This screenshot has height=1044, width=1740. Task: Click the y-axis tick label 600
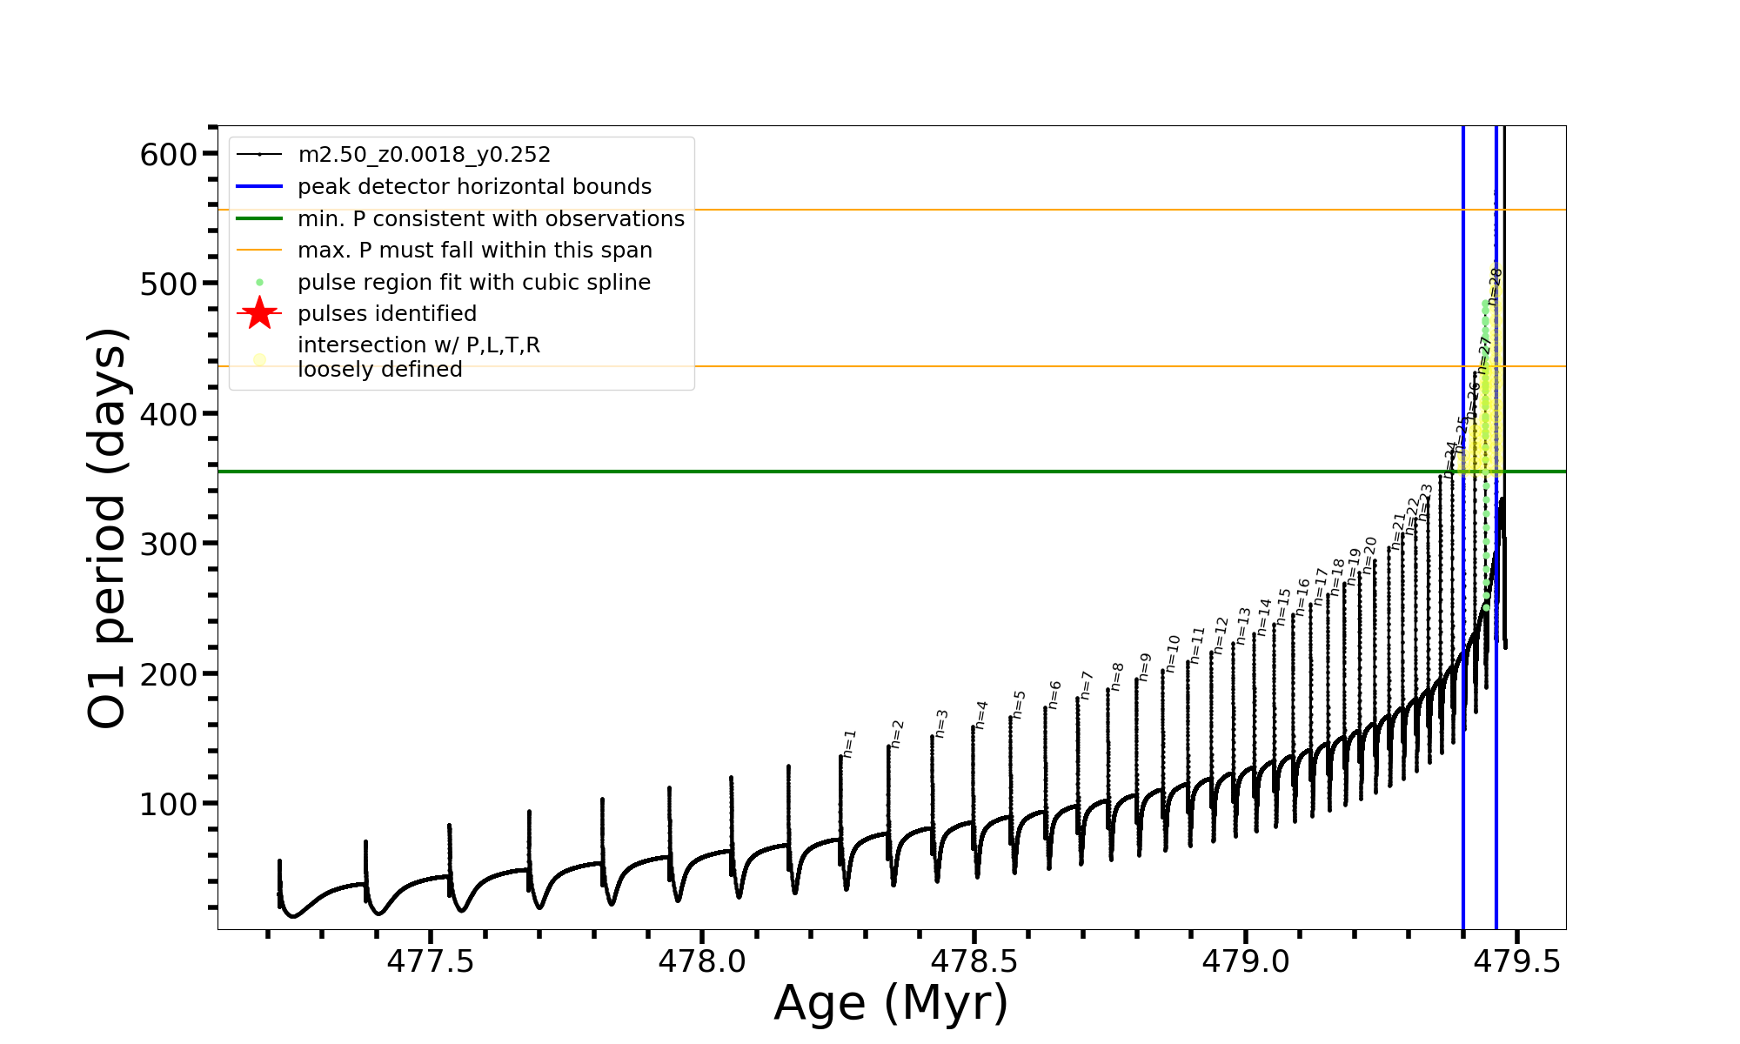pyautogui.click(x=169, y=155)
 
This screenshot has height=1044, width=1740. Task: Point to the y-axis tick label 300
pyautogui.click(x=169, y=545)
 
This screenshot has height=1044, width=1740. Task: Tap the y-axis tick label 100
pyautogui.click(x=169, y=805)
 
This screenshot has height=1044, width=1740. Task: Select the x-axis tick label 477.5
pyautogui.click(x=431, y=961)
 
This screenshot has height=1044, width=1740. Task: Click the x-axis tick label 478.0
pyautogui.click(x=702, y=961)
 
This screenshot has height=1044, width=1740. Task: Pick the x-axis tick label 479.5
pyautogui.click(x=1517, y=961)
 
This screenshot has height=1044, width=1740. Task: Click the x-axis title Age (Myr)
pyautogui.click(x=891, y=1003)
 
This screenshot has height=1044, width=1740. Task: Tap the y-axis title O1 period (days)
pyautogui.click(x=108, y=528)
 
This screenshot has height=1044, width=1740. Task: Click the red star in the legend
pyautogui.click(x=259, y=313)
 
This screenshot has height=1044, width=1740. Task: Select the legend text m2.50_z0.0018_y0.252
pyautogui.click(x=424, y=155)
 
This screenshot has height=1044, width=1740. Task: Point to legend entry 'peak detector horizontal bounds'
pyautogui.click(x=474, y=187)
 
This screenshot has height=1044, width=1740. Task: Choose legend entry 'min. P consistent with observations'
pyautogui.click(x=491, y=219)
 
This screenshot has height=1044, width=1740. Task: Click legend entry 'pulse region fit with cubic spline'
pyautogui.click(x=473, y=283)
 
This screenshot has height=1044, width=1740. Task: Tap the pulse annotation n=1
pyautogui.click(x=850, y=744)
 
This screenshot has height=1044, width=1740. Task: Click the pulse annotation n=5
pyautogui.click(x=1020, y=704)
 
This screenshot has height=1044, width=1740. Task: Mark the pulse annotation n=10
pyautogui.click(x=1174, y=652)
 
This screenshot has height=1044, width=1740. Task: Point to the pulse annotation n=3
pyautogui.click(x=941, y=723)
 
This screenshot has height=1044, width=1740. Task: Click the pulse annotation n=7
pyautogui.click(x=1087, y=685)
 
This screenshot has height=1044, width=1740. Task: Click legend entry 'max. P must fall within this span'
pyautogui.click(x=474, y=251)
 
